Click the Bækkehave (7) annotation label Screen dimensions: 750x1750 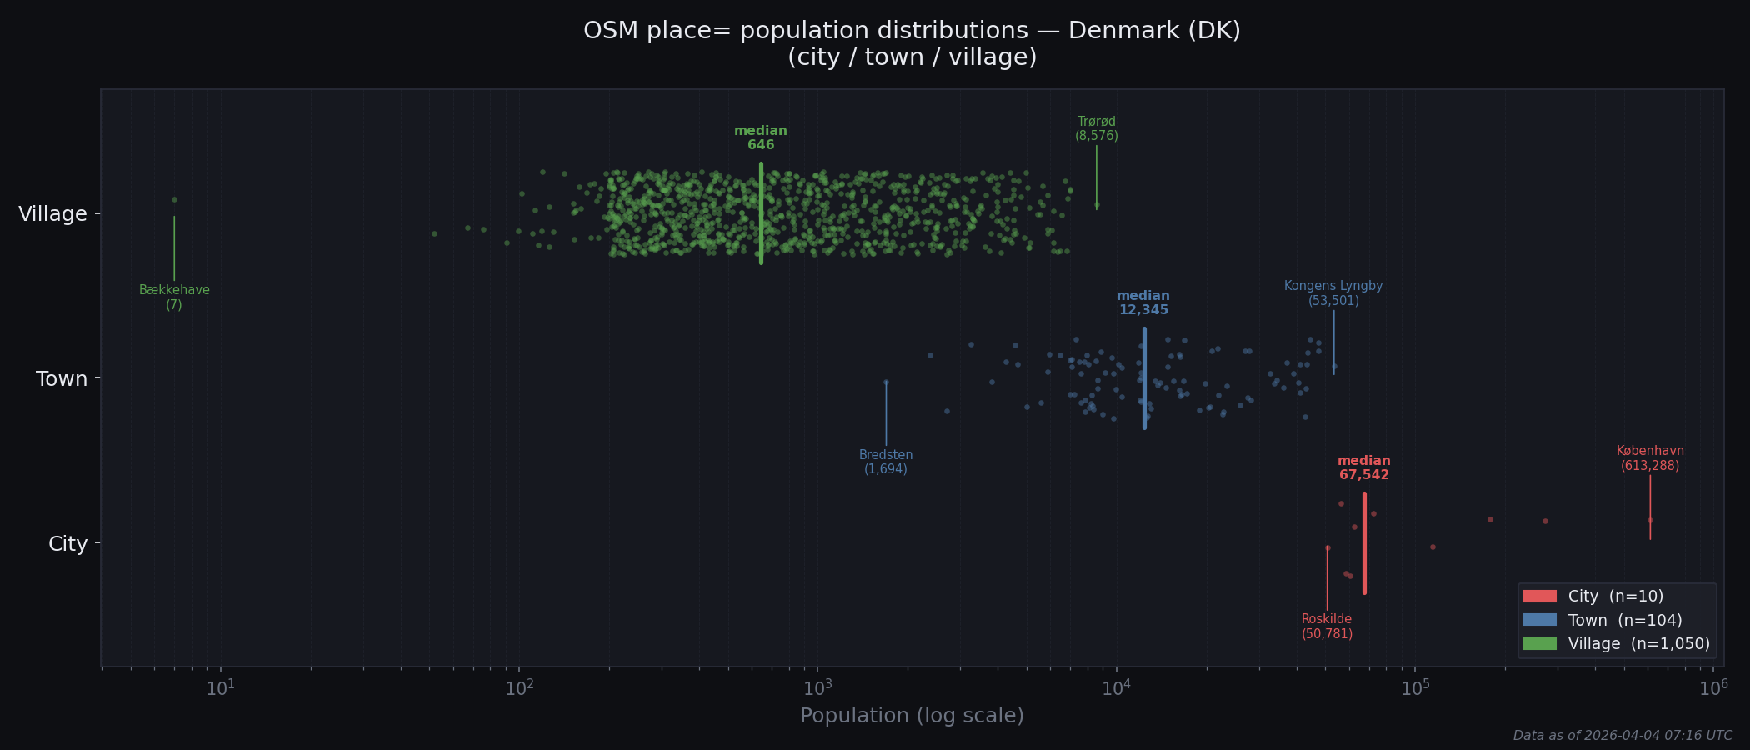click(x=174, y=297)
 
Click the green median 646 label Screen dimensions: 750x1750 click(x=761, y=137)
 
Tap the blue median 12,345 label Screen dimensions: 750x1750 click(x=1143, y=302)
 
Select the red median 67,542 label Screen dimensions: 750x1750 click(x=1364, y=467)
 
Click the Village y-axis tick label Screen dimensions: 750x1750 click(x=52, y=214)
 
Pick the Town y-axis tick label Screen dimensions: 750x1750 click(x=62, y=379)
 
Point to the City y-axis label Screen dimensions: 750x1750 click(x=67, y=544)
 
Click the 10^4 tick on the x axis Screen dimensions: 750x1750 click(x=1116, y=688)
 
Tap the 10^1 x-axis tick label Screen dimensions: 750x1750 click(x=220, y=688)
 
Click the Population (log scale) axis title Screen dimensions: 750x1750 click(x=912, y=716)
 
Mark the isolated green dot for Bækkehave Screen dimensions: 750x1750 click(x=174, y=199)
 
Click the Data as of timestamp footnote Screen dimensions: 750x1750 click(x=1622, y=736)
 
